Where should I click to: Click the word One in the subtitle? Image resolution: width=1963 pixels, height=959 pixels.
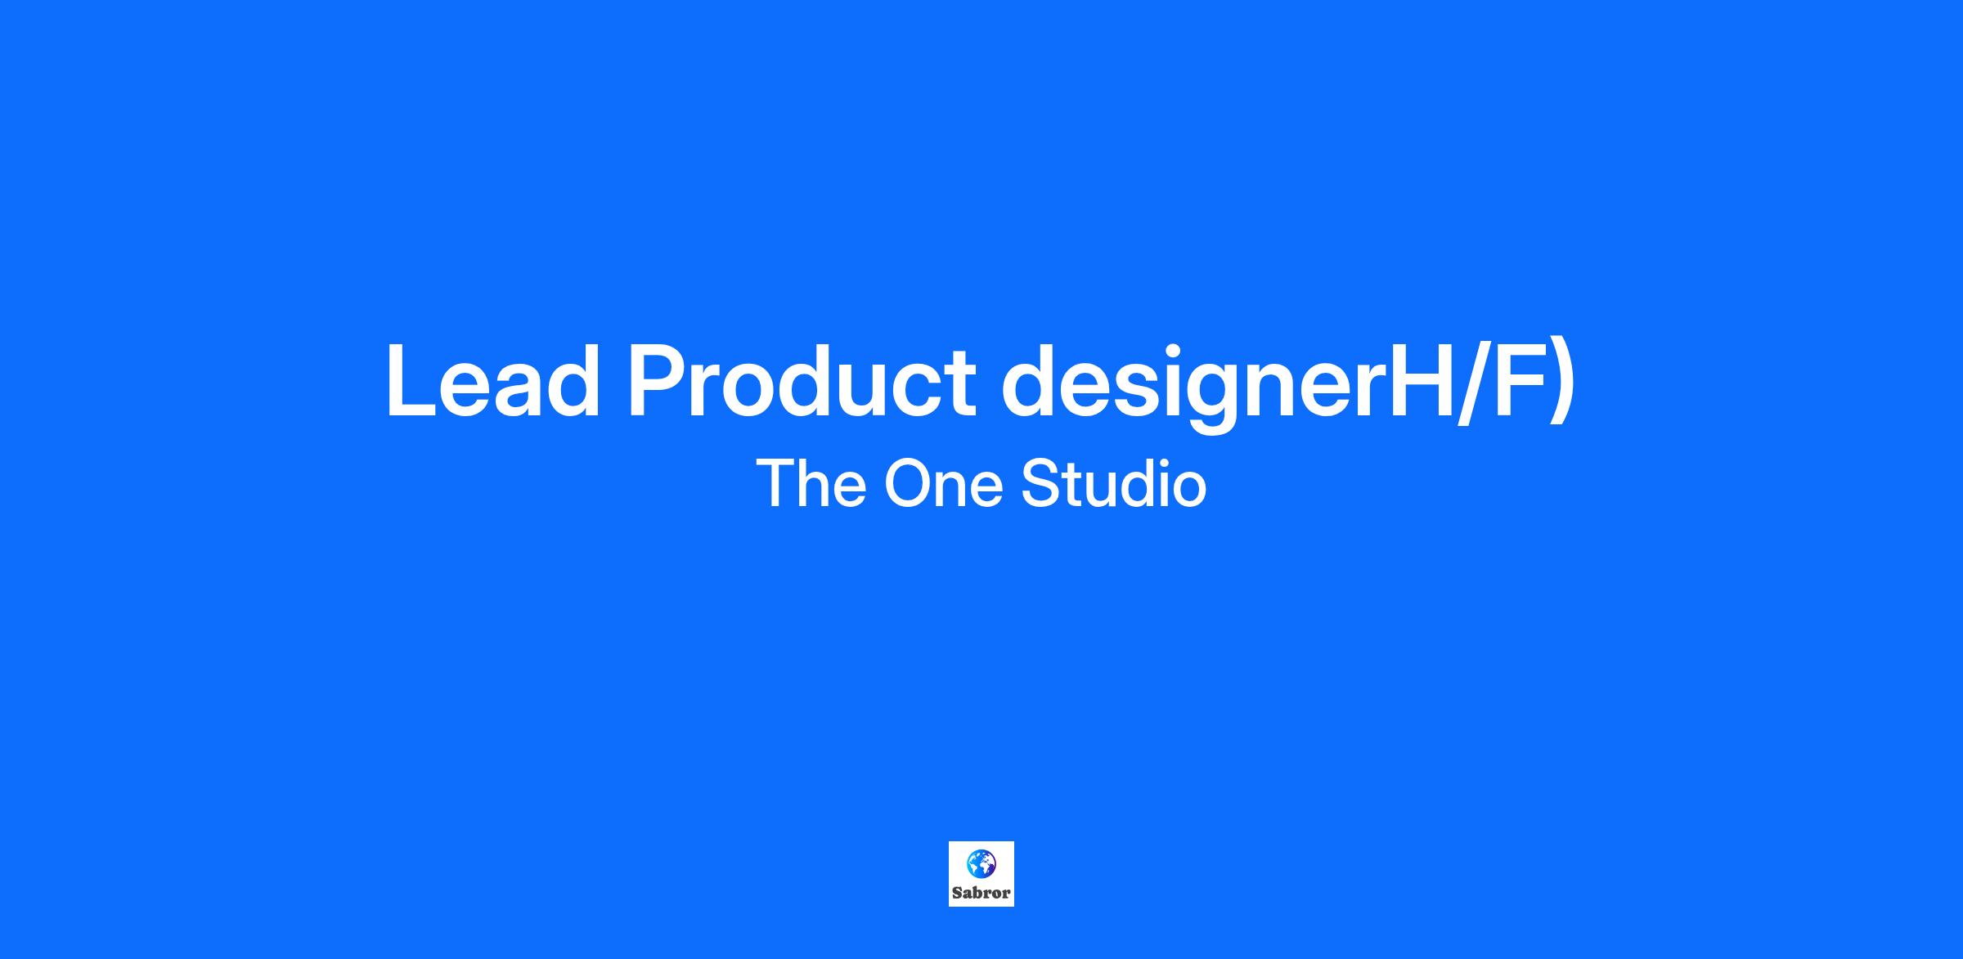point(943,483)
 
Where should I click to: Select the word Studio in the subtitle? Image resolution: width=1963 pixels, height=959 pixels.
point(1114,483)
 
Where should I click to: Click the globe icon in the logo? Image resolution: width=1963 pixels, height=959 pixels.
point(981,863)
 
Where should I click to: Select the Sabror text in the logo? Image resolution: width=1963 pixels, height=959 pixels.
point(981,893)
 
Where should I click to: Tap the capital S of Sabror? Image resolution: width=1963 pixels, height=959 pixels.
point(957,893)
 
